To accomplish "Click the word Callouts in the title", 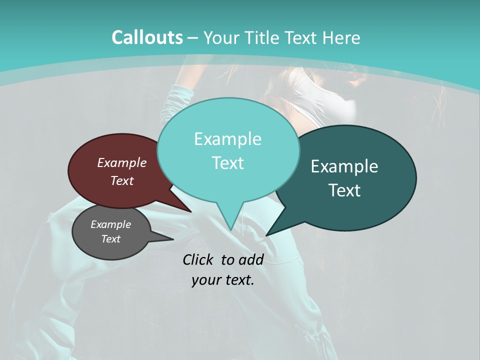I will pyautogui.click(x=147, y=37).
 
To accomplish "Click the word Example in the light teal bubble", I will pyautogui.click(x=227, y=139).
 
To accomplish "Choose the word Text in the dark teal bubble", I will pyautogui.click(x=344, y=190).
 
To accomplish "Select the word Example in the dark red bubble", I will pyautogui.click(x=122, y=163).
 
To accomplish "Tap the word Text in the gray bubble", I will pyautogui.click(x=111, y=239).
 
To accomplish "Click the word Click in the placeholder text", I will pyautogui.click(x=199, y=259).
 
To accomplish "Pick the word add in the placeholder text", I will pyautogui.click(x=251, y=259).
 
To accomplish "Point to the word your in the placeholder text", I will pyautogui.click(x=206, y=280).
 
